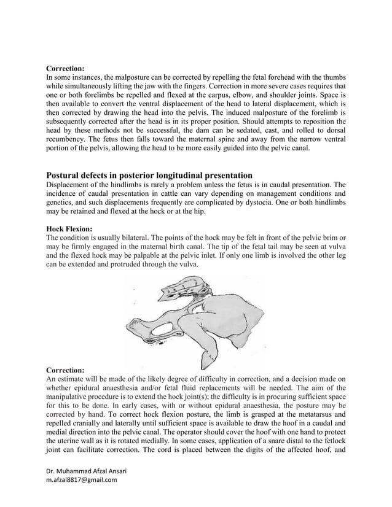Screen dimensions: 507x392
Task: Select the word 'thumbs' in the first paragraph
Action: click(332, 78)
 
